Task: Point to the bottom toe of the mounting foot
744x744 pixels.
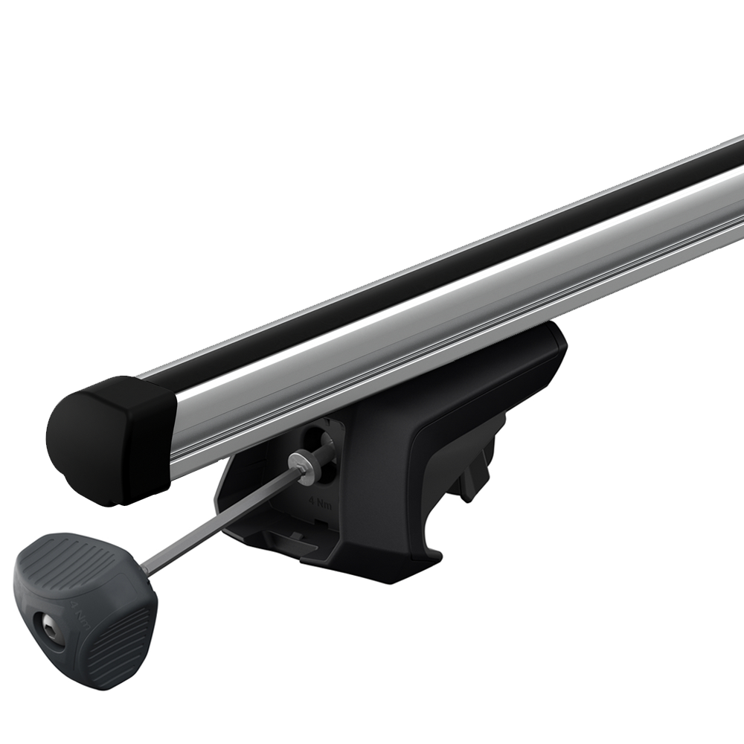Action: pos(417,554)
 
